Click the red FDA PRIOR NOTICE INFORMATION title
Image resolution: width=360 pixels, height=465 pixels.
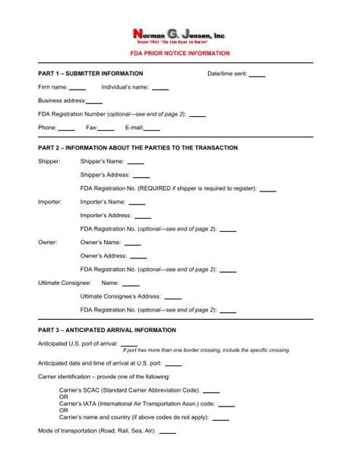coord(179,55)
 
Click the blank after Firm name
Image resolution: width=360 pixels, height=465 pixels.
coord(77,88)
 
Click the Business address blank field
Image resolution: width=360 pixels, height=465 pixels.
coord(95,101)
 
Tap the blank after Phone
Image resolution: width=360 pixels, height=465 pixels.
coord(67,128)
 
